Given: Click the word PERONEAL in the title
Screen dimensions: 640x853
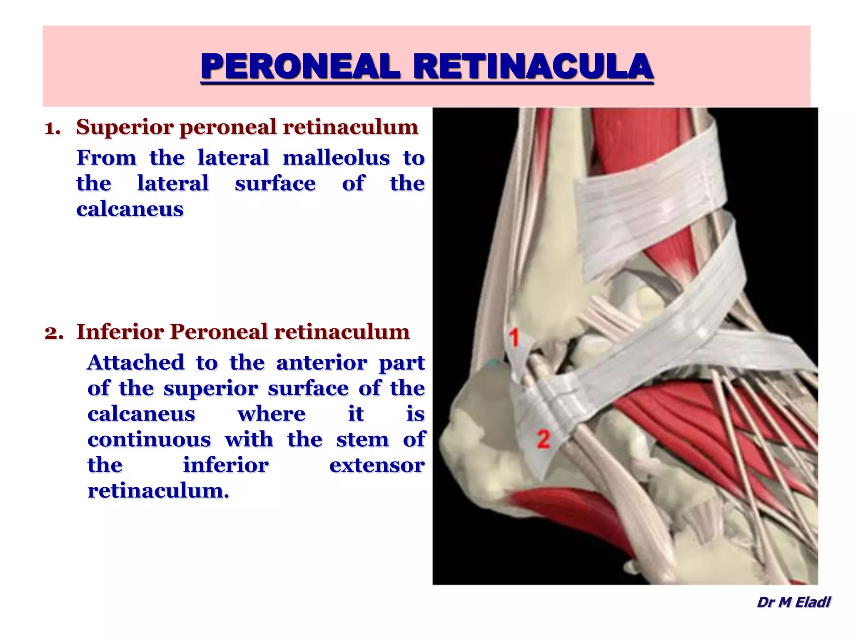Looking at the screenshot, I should pos(300,67).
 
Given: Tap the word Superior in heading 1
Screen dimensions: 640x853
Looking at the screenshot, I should pos(125,127).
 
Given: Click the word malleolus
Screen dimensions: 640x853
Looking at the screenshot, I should pos(336,158).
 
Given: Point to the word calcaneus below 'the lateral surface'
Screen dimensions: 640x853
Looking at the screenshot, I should pos(130,209).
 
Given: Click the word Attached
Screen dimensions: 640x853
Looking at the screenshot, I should pos(135,362).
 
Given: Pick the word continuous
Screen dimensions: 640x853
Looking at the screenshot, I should pos(149,440).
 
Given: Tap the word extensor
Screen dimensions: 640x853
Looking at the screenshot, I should pos(377,465).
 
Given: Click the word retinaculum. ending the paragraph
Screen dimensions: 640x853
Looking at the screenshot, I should pos(158,491).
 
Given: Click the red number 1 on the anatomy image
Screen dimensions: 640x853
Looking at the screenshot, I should pos(515,337).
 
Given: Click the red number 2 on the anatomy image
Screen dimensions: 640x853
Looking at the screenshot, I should pos(543,439).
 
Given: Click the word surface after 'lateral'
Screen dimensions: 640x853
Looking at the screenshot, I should pos(275,184).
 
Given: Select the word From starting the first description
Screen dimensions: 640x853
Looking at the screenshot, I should pos(106,158).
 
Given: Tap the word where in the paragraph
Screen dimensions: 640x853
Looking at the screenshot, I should pos(271,414).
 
